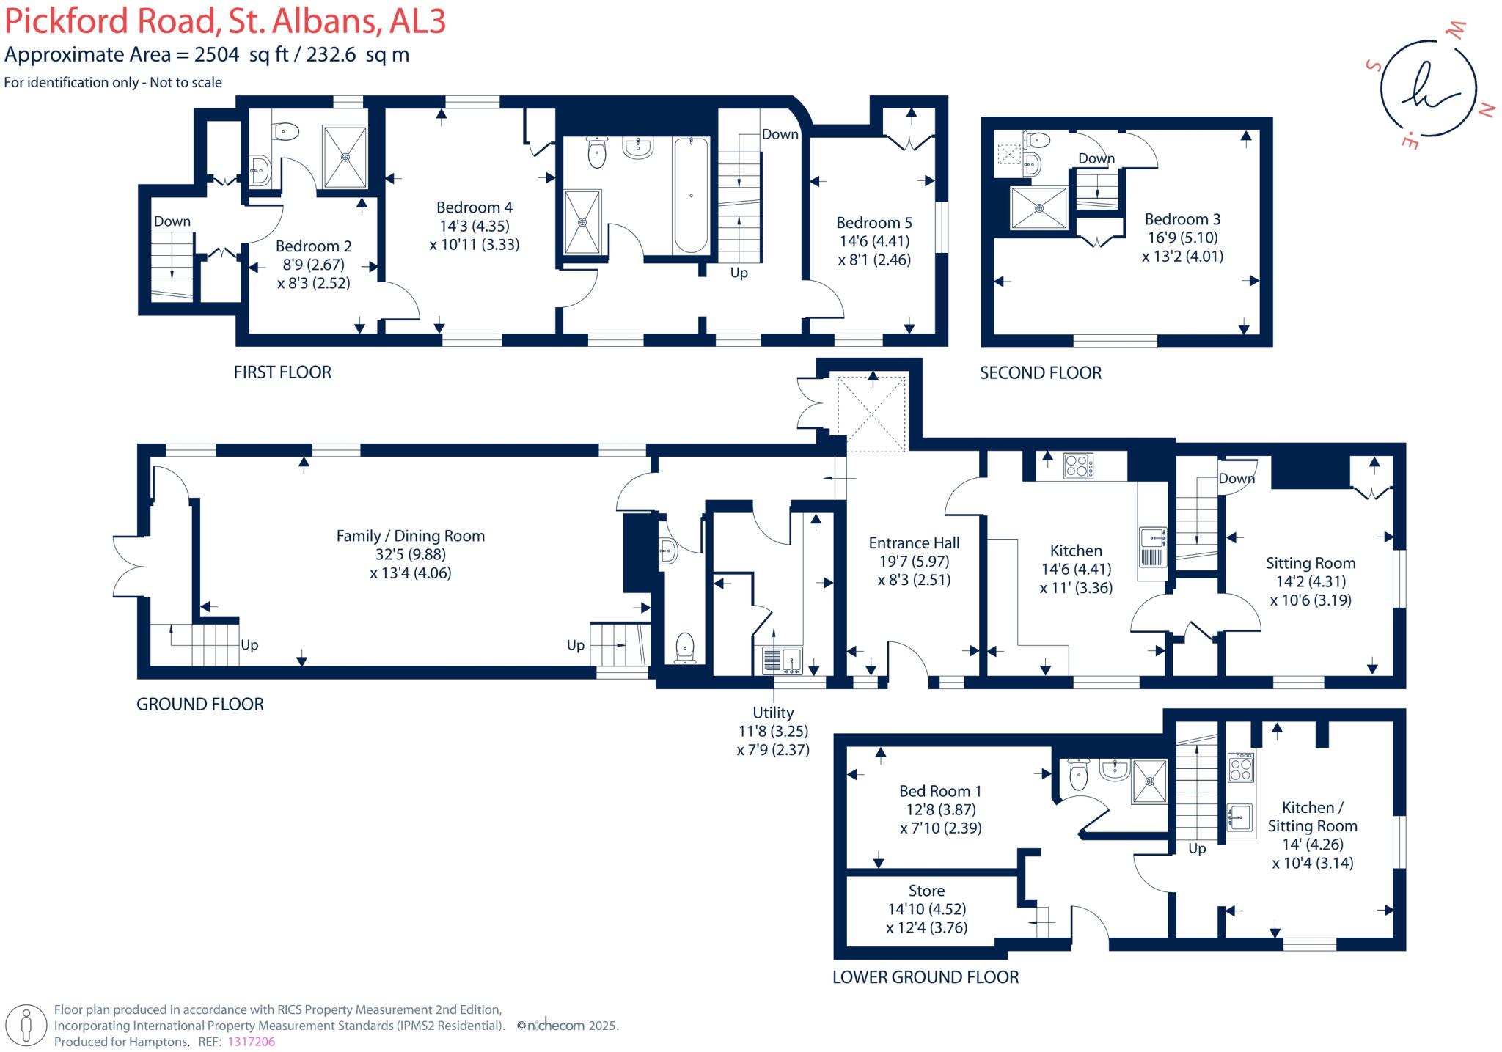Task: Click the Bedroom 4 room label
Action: click(x=475, y=207)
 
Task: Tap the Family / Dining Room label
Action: click(x=411, y=536)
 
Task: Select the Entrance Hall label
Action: click(x=914, y=543)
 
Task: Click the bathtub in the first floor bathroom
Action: click(x=691, y=195)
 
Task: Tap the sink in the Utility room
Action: click(x=792, y=661)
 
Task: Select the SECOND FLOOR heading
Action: click(x=1041, y=372)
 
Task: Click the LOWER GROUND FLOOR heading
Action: click(x=926, y=977)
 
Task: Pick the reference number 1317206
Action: click(x=252, y=1042)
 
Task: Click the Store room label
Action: click(x=926, y=891)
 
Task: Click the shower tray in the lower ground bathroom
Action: click(x=1149, y=782)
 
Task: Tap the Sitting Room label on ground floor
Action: click(x=1311, y=563)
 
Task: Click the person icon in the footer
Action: click(x=27, y=1025)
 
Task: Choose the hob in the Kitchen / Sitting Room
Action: click(x=1241, y=767)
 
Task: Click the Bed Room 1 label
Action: click(x=940, y=791)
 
